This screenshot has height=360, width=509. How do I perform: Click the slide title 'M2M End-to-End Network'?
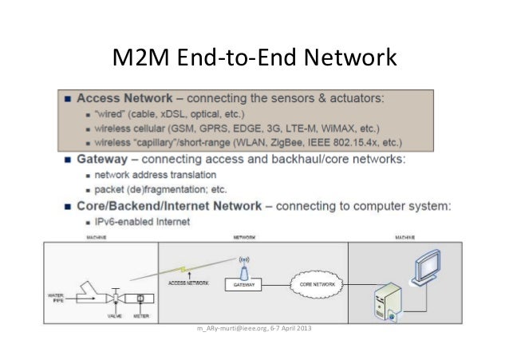(x=254, y=58)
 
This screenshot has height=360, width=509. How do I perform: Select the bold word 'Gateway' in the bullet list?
(x=101, y=159)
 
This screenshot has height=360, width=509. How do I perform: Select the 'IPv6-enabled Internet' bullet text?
(x=142, y=221)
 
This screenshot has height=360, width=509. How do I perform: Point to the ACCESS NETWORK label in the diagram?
(x=189, y=283)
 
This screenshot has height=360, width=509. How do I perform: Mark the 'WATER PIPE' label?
(x=52, y=299)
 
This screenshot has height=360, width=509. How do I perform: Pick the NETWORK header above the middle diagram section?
(x=243, y=237)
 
